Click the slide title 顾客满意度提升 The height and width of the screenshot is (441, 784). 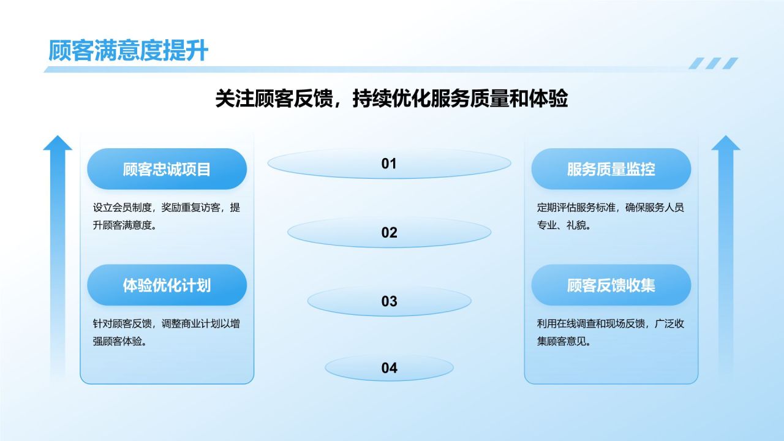click(x=128, y=51)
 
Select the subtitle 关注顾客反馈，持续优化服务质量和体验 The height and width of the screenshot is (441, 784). click(x=391, y=99)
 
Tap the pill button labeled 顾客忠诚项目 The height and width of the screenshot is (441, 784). click(x=167, y=169)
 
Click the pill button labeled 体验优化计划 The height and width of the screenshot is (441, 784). click(x=167, y=285)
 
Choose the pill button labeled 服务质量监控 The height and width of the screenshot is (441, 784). click(x=611, y=169)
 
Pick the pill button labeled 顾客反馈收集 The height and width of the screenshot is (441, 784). click(x=611, y=285)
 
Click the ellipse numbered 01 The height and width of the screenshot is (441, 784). click(x=389, y=164)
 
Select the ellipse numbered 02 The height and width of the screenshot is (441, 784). click(x=389, y=232)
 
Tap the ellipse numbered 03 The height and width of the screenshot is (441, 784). click(x=389, y=301)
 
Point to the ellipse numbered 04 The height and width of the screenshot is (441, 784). click(x=389, y=368)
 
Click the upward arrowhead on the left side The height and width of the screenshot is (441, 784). click(x=58, y=143)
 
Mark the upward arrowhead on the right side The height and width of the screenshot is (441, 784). click(x=726, y=143)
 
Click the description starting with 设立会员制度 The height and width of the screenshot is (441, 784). click(x=166, y=216)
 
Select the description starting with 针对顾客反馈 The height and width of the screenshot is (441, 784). click(x=166, y=332)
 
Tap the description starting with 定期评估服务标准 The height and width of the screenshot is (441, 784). click(x=611, y=216)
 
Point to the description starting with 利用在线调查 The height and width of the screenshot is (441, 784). click(x=611, y=332)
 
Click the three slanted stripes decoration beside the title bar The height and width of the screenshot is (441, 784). click(x=714, y=63)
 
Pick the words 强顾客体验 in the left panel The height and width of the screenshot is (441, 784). click(x=117, y=341)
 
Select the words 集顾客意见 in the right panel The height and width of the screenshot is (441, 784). click(x=561, y=341)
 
